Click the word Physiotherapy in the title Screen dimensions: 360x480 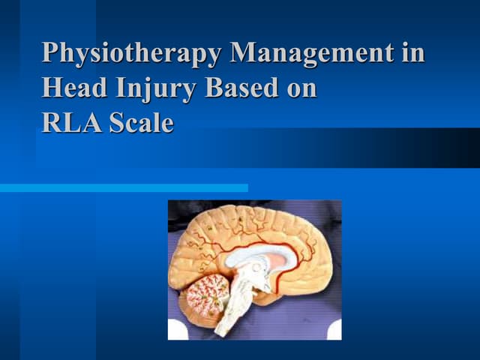tap(133, 54)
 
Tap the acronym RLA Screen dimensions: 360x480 tap(72, 122)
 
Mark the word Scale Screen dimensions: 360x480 tap(141, 122)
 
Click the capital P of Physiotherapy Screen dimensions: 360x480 tap(51, 54)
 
